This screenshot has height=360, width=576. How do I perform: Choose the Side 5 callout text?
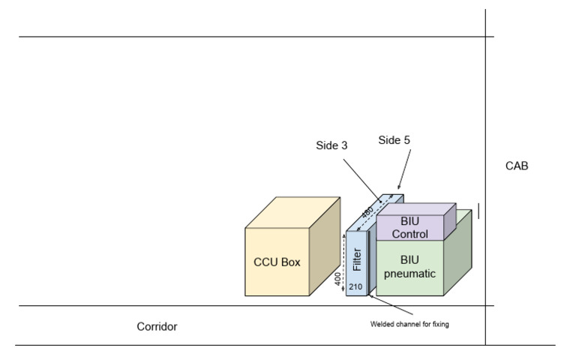[x=394, y=139]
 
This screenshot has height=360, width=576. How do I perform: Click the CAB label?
[x=517, y=166]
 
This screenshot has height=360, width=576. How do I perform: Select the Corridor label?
[x=157, y=327]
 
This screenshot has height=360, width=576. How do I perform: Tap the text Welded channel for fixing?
[x=409, y=324]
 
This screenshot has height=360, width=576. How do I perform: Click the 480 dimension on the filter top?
[x=367, y=213]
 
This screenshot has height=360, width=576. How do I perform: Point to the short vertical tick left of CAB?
[x=478, y=211]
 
